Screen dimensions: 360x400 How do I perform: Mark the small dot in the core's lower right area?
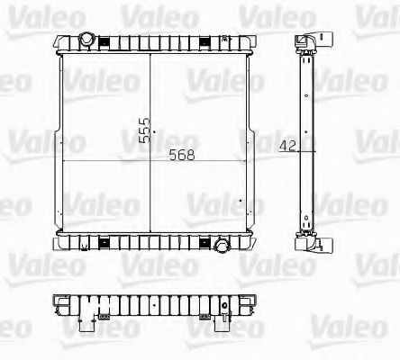pos(242,201)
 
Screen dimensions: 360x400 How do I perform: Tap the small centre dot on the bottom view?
pos(150,305)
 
